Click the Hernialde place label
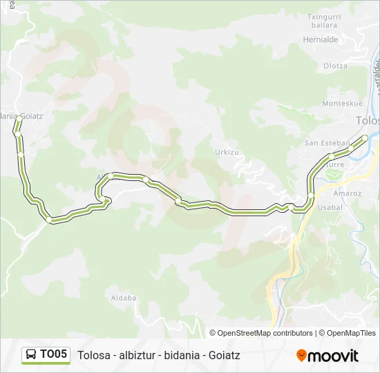(321, 39)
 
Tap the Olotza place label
(335, 66)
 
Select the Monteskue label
(342, 103)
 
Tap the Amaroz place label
(348, 193)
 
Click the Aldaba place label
(123, 298)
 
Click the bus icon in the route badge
(32, 355)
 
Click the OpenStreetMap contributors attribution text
(262, 333)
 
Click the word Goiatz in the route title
(222, 355)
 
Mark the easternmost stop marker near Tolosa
(365, 137)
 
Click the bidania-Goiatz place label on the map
(21, 116)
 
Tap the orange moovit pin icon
(301, 356)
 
